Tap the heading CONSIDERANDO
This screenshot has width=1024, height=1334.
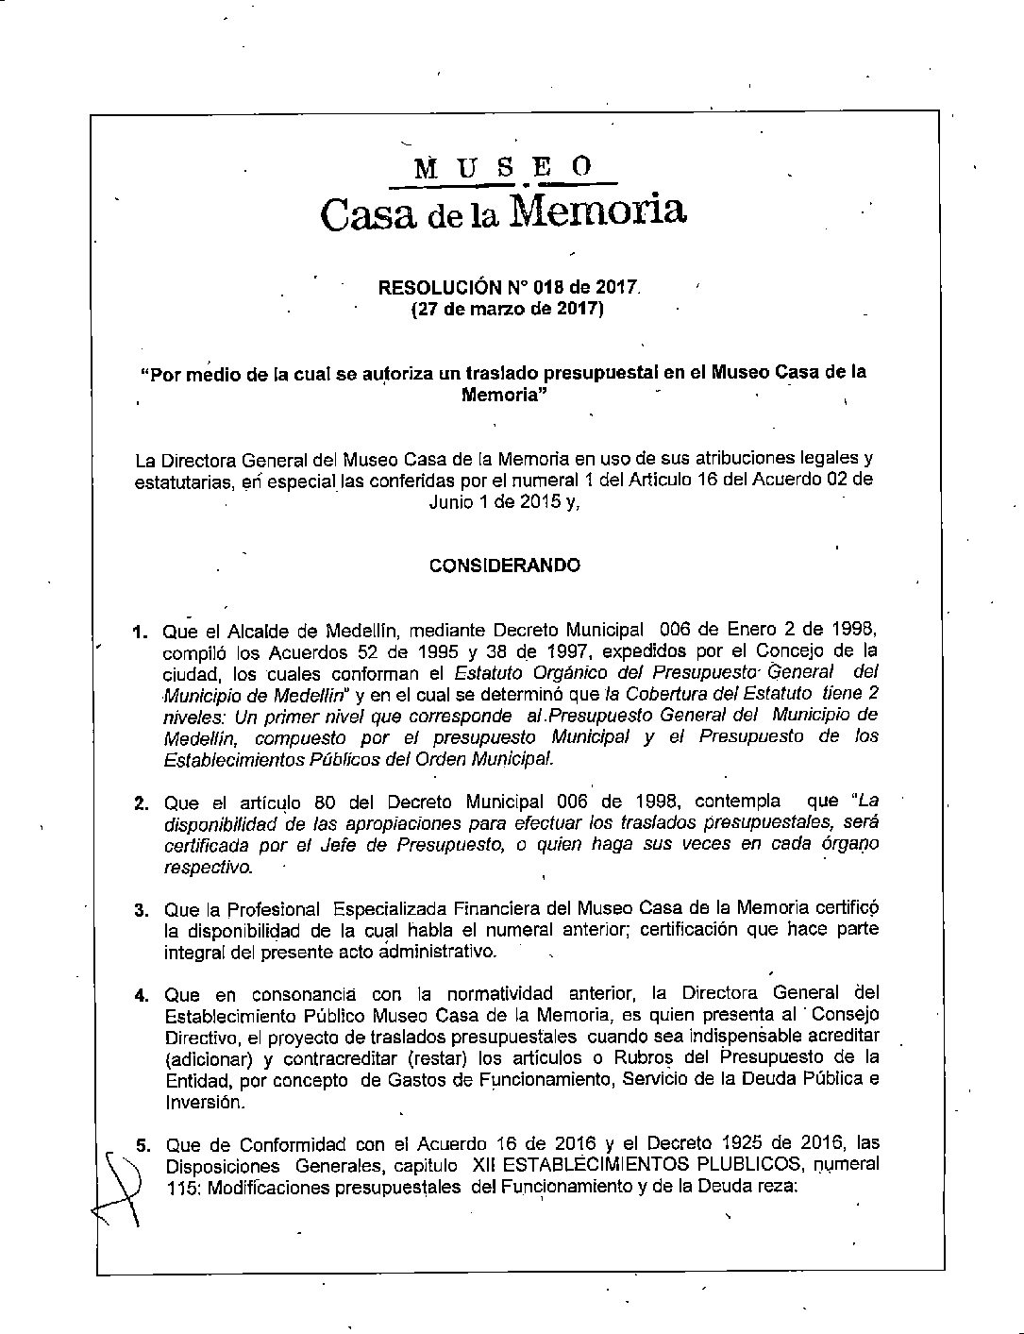coord(505,566)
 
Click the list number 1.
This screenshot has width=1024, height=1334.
coord(140,631)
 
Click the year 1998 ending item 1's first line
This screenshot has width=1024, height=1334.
coord(854,630)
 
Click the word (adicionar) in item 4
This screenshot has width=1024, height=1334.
coord(202,1057)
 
